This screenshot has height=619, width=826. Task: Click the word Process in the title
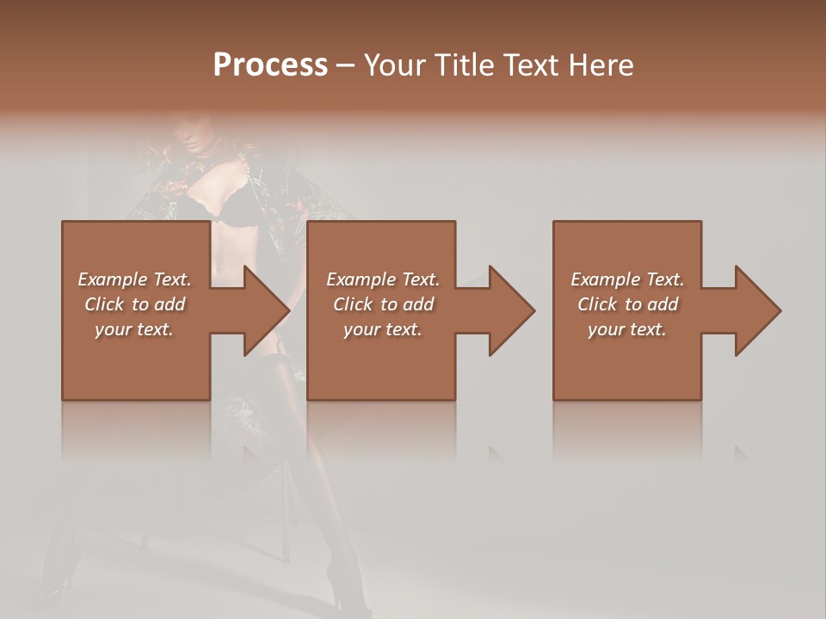[270, 65]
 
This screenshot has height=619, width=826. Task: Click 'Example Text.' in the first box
[134, 279]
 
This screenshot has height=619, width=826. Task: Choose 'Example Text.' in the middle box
[383, 279]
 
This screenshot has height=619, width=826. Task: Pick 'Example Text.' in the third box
[627, 279]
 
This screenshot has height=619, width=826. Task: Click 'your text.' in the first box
[134, 329]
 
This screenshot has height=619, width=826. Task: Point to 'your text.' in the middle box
[383, 329]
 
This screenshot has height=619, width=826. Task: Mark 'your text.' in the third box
[627, 329]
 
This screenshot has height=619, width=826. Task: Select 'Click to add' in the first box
[134, 304]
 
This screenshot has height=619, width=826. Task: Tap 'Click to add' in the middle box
[383, 304]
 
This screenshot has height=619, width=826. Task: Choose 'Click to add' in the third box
[627, 304]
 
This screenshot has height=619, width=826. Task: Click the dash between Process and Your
[346, 66]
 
